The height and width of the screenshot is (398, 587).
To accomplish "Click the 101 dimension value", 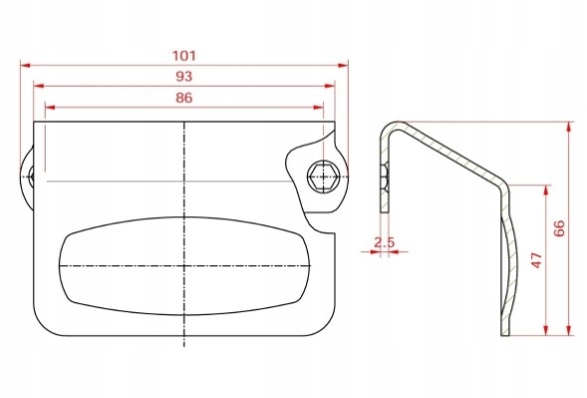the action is [183, 56].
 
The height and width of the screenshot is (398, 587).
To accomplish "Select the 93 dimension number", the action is [183, 77].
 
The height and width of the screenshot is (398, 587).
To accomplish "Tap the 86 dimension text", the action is [183, 98].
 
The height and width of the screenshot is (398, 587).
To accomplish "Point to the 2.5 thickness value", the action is [385, 242].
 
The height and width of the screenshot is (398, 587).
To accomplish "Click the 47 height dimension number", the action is [537, 260].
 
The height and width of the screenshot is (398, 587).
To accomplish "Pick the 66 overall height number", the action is [558, 228].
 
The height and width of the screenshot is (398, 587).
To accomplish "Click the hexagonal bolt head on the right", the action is [324, 177].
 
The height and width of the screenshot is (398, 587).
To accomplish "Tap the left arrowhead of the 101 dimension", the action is [26, 65].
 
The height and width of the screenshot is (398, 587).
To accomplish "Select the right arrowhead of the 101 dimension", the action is [343, 65].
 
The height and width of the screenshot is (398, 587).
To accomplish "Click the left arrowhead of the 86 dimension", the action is [50, 108].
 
